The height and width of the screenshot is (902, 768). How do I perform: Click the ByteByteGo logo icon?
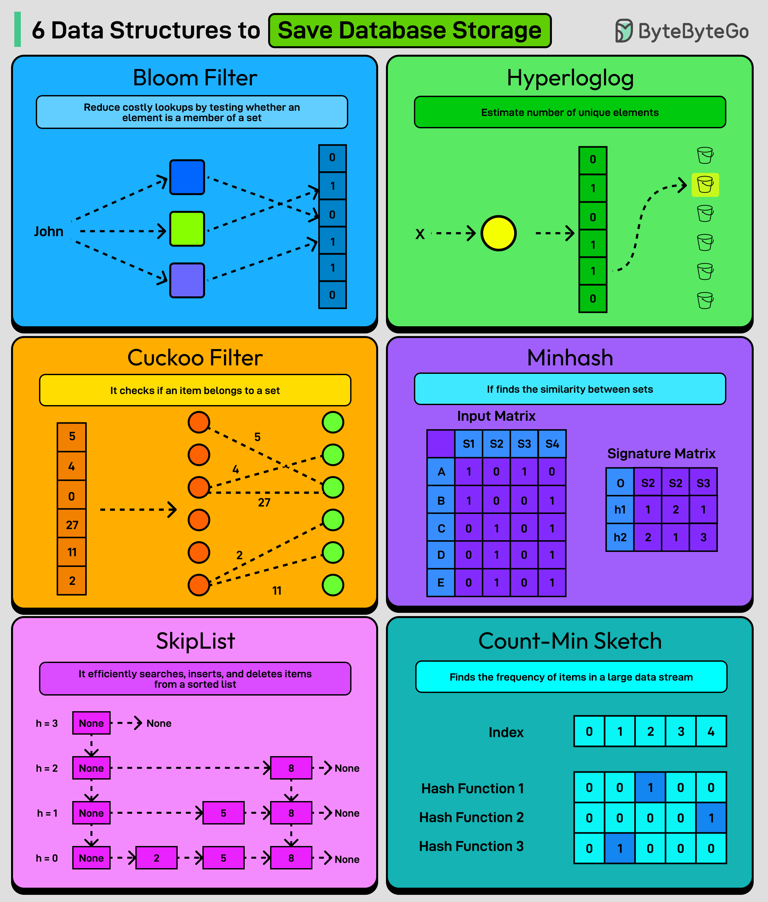click(624, 31)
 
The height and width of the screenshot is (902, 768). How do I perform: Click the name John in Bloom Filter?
click(49, 231)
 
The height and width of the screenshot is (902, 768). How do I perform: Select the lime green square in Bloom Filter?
click(187, 229)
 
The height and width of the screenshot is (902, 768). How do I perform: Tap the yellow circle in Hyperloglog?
click(498, 233)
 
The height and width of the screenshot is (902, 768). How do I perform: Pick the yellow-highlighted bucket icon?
click(705, 185)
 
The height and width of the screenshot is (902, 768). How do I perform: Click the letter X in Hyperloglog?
click(419, 234)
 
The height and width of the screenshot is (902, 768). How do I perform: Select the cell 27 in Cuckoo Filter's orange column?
click(72, 525)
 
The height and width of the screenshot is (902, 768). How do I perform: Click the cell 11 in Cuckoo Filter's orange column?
click(72, 552)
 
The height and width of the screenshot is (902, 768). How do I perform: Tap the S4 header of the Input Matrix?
click(552, 444)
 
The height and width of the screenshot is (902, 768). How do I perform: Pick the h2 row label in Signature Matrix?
click(620, 537)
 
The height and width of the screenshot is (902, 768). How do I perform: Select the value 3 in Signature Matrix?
click(703, 537)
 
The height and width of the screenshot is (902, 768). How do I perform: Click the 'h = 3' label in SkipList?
click(47, 723)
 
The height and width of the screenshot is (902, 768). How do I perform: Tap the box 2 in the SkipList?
click(156, 858)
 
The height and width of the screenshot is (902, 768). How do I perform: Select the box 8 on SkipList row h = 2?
click(291, 768)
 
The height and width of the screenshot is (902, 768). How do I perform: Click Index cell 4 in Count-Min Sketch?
click(711, 731)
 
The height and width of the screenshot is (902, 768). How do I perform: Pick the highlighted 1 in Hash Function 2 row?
click(711, 818)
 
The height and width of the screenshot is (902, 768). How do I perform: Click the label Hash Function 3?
click(471, 846)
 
